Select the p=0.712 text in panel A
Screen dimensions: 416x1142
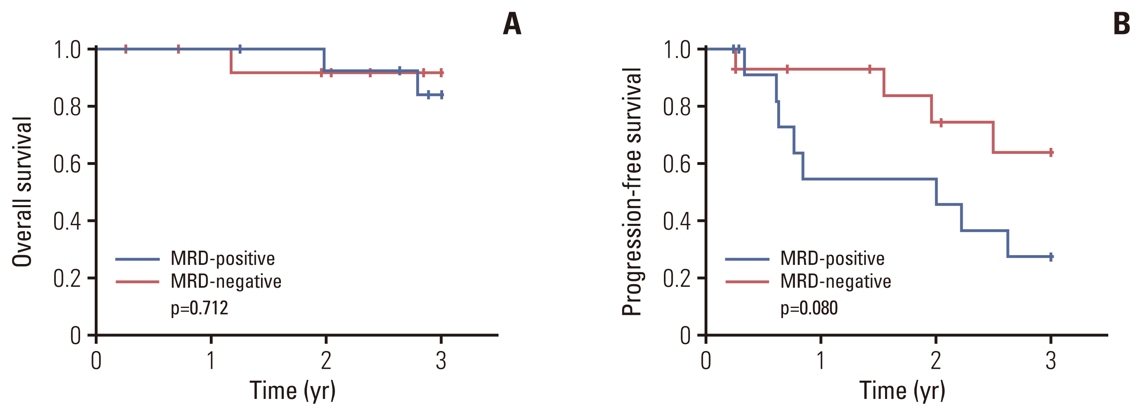point(200,308)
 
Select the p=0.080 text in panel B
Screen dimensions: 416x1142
point(809,308)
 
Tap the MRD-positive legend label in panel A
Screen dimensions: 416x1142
point(222,258)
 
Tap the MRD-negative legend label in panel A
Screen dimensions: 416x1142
point(226,281)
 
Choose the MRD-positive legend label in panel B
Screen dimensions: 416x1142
point(832,258)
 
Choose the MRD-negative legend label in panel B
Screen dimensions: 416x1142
point(835,281)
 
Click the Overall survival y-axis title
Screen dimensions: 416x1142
point(22,192)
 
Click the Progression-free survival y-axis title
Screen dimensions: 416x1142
point(632,192)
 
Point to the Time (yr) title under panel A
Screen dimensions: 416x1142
point(293,391)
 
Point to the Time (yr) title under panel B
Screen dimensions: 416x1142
point(902,391)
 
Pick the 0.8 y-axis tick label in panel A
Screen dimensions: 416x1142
point(67,107)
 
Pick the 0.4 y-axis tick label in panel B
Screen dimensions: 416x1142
point(676,221)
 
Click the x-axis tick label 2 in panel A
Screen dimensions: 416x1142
point(326,361)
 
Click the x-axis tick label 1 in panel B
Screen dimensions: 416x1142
point(820,361)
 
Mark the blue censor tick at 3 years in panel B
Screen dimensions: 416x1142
point(1051,256)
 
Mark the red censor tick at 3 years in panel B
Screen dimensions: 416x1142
point(1051,153)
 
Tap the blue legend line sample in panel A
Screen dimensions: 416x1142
point(137,259)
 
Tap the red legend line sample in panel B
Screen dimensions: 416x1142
point(747,282)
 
